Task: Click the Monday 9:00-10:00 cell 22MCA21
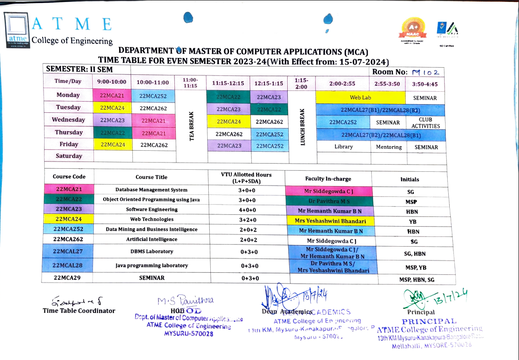coord(112,95)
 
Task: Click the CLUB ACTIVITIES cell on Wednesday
coord(425,123)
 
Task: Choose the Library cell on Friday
coord(343,147)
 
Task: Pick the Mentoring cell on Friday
coord(389,147)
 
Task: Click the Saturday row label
coord(69,156)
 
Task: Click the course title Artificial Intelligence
coord(152,239)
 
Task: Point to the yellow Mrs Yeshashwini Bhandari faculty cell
coord(330,221)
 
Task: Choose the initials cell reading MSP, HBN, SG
coord(416,279)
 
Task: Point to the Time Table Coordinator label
coord(79,311)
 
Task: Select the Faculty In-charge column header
coord(328,179)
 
